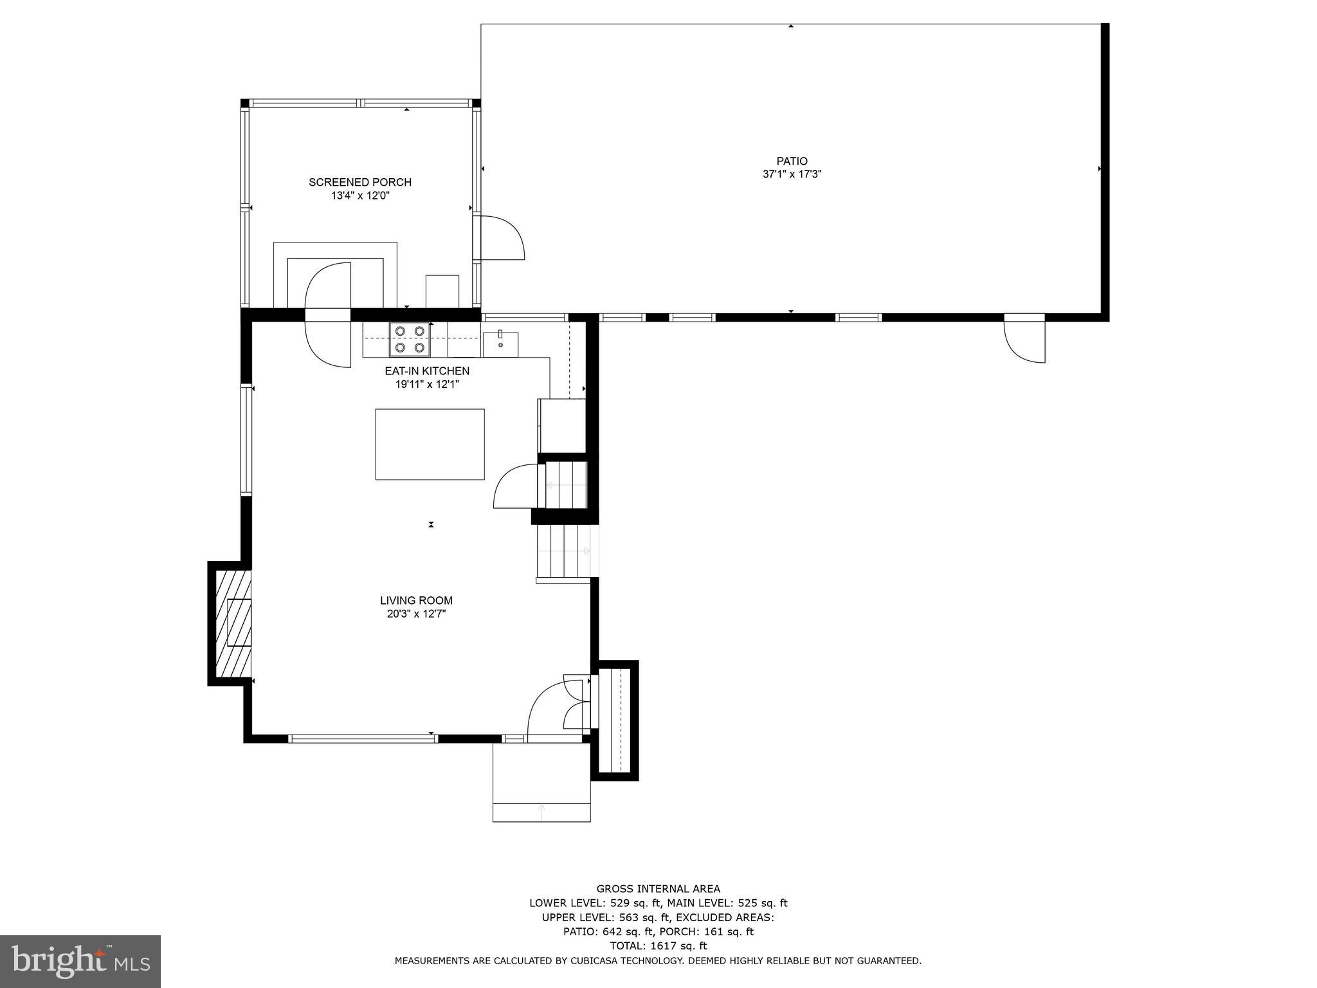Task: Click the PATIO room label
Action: [792, 161]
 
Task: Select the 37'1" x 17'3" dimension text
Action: [792, 174]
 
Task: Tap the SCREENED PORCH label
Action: [360, 182]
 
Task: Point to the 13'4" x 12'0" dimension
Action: [360, 196]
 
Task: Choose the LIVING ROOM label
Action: [416, 601]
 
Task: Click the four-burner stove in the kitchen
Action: [410, 339]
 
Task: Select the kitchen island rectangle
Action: [430, 444]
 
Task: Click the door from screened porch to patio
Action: [500, 238]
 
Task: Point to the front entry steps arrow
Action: [541, 812]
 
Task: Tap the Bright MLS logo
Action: [80, 961]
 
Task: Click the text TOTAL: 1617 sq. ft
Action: [658, 946]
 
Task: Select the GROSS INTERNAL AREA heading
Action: [658, 889]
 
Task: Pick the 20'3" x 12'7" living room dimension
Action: [416, 614]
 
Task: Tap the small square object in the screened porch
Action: [442, 291]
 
